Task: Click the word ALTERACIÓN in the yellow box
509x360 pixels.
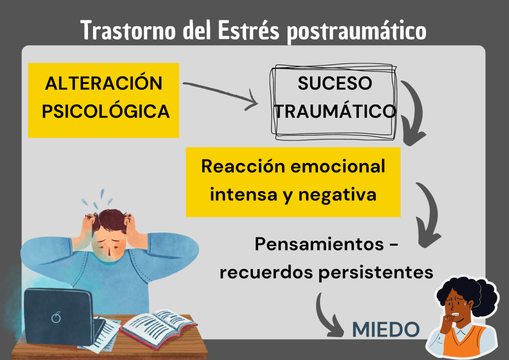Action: pos(103,83)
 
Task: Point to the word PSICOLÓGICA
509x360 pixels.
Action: pos(105,111)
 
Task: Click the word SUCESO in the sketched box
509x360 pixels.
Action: pos(335,83)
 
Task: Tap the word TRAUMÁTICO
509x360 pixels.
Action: pos(336,111)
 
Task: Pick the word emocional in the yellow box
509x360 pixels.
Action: pos(338,166)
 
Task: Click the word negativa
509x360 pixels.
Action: pos(338,195)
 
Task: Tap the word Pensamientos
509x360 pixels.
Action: pos(320,244)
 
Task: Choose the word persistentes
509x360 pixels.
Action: pos(376,272)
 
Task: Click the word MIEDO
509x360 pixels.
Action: pos(386,330)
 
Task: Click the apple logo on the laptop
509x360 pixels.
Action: pos(56,317)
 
